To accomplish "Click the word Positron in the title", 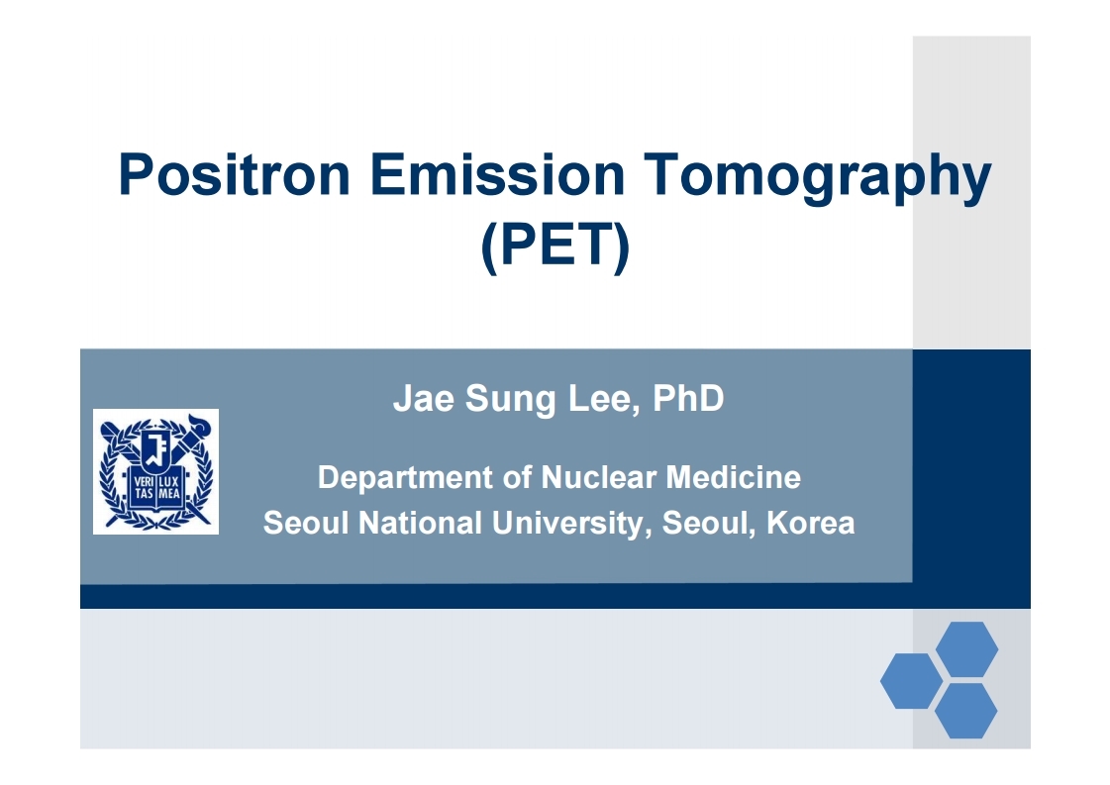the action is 235,174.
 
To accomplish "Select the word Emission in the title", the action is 497,174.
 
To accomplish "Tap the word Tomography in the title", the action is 818,177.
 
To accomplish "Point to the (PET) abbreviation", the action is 555,245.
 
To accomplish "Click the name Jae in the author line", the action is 424,398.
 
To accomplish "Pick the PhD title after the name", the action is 688,398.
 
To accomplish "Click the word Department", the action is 406,478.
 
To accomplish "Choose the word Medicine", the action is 734,477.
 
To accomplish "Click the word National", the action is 421,523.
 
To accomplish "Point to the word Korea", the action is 811,523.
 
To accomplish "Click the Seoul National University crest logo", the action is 155,471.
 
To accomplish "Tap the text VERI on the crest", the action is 143,482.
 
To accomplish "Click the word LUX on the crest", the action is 169,482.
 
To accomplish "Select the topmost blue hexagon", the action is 967,648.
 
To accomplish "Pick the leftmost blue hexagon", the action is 912,680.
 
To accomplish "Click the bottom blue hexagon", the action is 966,711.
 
